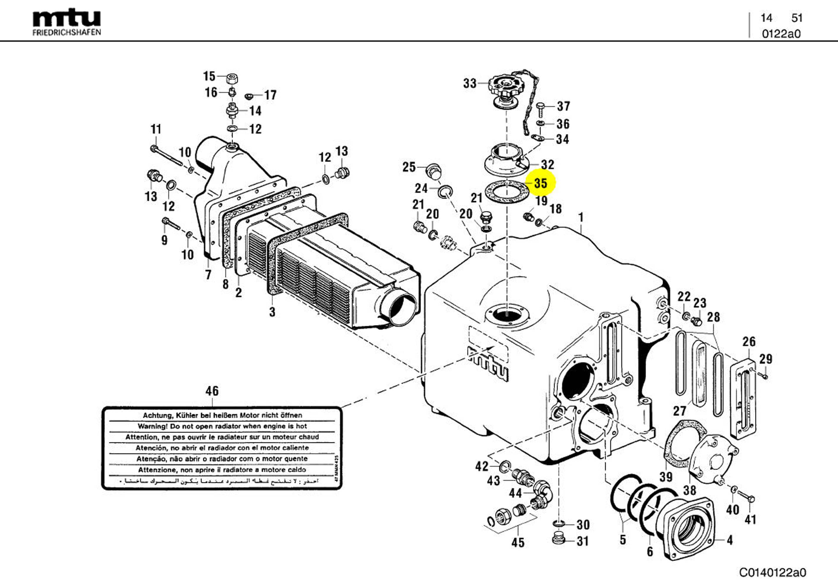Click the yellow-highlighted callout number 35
coord(541,183)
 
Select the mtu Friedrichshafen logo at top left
coord(67,23)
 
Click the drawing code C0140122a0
coord(772,572)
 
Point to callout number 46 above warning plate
coord(212,391)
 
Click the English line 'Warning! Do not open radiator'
coord(222,426)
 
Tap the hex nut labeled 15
coord(232,78)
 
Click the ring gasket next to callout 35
coord(506,192)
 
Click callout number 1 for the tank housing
coord(581,218)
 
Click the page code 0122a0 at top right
coord(781,34)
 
